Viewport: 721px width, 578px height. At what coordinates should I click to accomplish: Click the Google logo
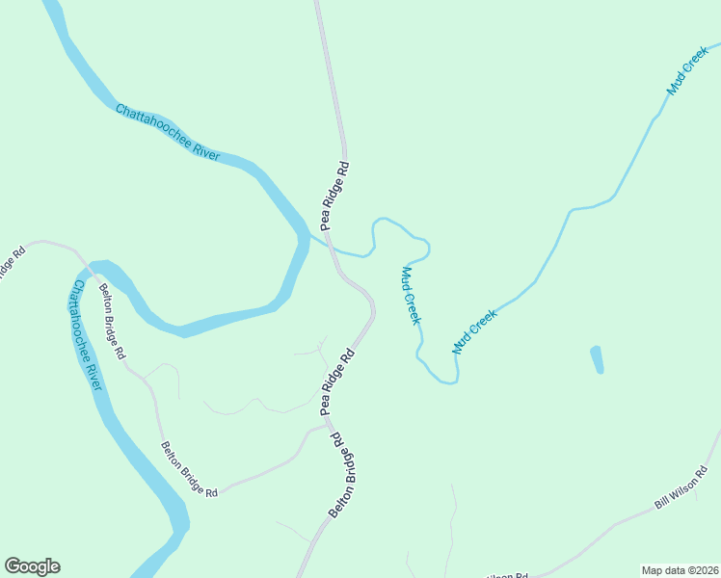point(32,566)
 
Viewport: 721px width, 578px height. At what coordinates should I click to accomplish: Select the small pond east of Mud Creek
point(597,359)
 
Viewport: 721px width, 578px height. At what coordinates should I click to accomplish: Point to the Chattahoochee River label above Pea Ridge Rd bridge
point(168,131)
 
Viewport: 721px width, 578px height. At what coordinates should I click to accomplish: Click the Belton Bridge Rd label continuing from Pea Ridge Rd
point(343,475)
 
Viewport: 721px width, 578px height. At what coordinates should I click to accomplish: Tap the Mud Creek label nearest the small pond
point(474,330)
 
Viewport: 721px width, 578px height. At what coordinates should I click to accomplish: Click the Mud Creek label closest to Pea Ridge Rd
point(411,296)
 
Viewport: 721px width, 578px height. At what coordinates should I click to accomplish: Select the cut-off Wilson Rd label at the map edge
point(509,574)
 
